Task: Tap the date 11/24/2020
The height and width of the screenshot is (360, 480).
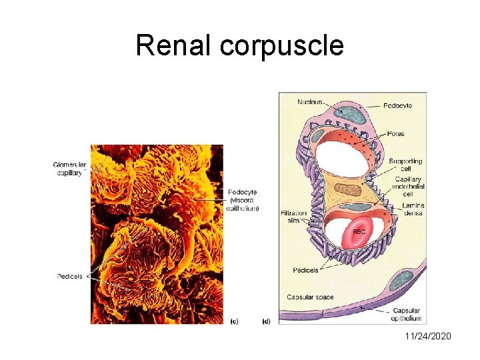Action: pos(428,336)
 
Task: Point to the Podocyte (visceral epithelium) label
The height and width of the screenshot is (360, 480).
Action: pos(243,200)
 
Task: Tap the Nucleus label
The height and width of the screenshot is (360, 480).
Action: pos(309,102)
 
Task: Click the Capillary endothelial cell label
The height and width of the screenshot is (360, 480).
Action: pos(409,187)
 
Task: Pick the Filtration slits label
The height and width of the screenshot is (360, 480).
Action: pos(294,217)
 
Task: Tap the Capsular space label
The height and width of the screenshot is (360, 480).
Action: pos(310,297)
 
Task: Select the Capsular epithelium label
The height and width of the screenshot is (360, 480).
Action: pos(407,315)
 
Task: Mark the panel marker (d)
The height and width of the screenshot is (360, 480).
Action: pos(266,321)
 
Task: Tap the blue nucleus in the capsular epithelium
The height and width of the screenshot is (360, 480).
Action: pos(401,281)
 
